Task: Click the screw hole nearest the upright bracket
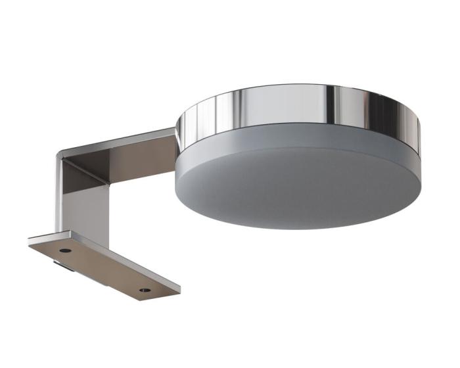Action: point(65,250)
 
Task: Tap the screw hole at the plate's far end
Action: point(145,289)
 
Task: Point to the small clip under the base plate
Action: point(63,266)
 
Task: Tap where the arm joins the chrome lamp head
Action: point(175,141)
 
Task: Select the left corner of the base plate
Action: point(30,241)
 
